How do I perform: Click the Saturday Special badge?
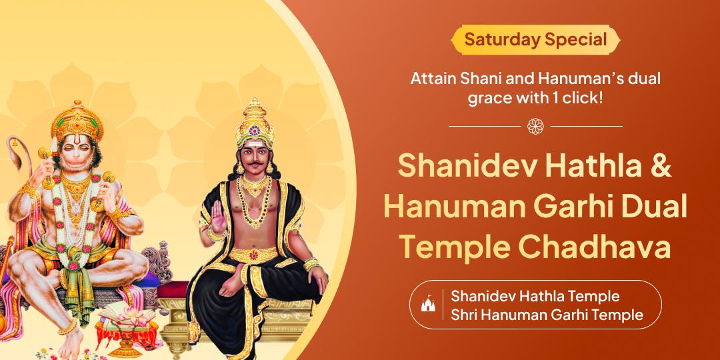click(535, 39)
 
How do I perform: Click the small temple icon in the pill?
click(427, 305)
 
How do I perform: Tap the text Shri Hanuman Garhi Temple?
click(547, 315)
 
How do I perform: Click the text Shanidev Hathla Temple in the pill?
click(535, 295)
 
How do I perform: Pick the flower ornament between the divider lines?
click(535, 125)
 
